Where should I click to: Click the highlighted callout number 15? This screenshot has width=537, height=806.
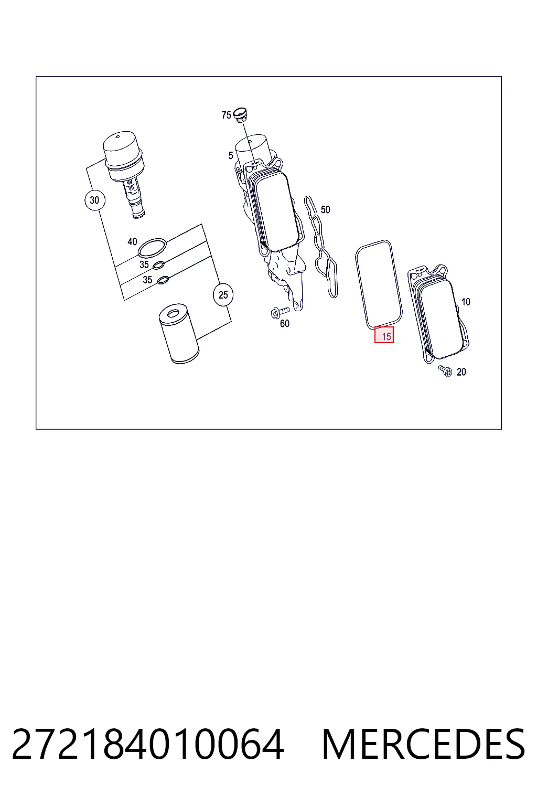(x=384, y=335)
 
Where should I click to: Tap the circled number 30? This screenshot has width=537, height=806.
(x=95, y=200)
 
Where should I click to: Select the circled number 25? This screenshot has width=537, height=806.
(x=223, y=295)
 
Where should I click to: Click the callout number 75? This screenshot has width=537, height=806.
(x=226, y=115)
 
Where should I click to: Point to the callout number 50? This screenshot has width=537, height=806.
(x=325, y=209)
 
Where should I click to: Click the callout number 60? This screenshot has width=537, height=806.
(x=285, y=324)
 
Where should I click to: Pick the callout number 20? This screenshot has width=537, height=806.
(x=461, y=372)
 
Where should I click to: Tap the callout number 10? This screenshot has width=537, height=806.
(x=466, y=302)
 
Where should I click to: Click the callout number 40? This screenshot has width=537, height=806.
(x=132, y=241)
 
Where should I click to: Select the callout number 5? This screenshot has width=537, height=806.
(x=231, y=155)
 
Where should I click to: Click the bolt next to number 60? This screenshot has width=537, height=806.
(x=280, y=312)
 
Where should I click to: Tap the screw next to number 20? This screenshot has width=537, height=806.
(x=445, y=370)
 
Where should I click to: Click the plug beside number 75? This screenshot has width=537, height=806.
(x=240, y=113)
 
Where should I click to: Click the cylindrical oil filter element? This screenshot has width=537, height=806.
(x=179, y=334)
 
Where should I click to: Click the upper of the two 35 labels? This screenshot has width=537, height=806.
(x=144, y=264)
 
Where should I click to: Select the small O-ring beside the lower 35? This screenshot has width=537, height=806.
(x=163, y=280)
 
